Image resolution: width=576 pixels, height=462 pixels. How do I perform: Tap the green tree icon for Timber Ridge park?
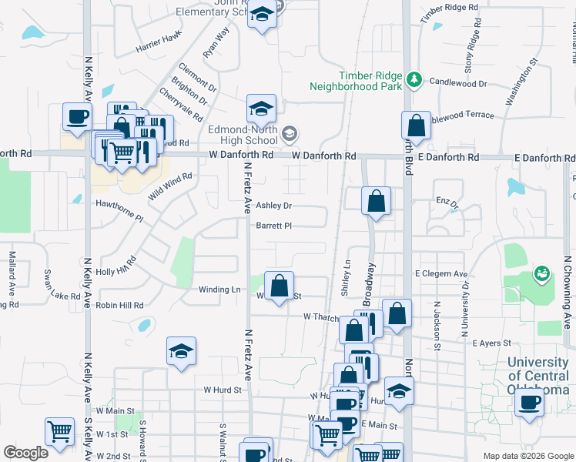(x=415, y=79)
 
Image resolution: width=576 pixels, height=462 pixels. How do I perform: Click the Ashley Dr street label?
(x=274, y=206)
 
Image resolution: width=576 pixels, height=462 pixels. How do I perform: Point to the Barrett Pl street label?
(x=274, y=226)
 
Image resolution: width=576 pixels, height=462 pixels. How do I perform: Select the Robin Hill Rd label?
(x=119, y=305)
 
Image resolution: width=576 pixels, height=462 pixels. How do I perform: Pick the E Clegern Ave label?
(x=441, y=273)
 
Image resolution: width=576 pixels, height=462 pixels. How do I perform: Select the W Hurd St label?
(x=223, y=390)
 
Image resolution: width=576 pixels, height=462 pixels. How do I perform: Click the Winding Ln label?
(x=219, y=290)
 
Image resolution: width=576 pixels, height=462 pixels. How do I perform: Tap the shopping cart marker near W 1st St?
(x=59, y=432)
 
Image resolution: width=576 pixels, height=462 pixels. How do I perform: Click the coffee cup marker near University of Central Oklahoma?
(x=529, y=402)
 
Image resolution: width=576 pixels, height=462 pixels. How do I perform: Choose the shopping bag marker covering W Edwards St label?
(x=280, y=286)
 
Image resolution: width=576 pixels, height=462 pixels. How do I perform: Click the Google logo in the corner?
(x=25, y=453)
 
